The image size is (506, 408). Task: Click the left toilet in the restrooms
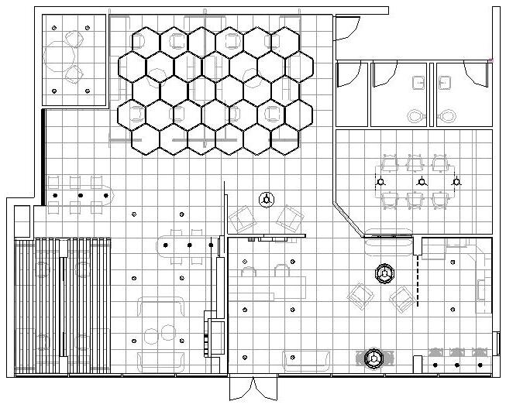pos(416,116)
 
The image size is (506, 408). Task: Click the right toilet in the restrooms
pos(446,116)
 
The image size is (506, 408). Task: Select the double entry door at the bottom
pos(253,387)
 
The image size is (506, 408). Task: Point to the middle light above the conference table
pos(421,182)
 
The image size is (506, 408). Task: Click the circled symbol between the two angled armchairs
pos(267,199)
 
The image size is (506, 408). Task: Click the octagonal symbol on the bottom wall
pos(374,358)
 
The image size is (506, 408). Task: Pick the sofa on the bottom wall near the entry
pos(307,358)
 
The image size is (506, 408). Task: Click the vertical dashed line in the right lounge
pos(418,279)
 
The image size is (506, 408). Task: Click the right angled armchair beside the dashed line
pos(402,298)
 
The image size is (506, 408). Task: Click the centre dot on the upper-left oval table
pos(75,196)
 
